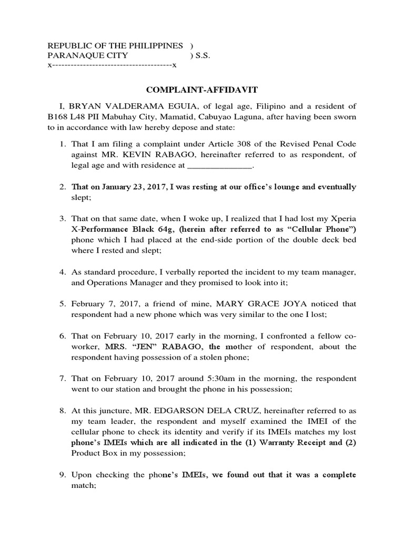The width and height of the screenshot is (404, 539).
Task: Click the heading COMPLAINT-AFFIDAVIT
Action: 202,91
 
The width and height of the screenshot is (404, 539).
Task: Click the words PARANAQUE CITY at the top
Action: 79,55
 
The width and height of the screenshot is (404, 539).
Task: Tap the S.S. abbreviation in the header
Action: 203,55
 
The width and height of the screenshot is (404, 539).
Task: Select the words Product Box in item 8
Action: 93,452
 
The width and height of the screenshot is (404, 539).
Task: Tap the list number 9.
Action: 61,475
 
